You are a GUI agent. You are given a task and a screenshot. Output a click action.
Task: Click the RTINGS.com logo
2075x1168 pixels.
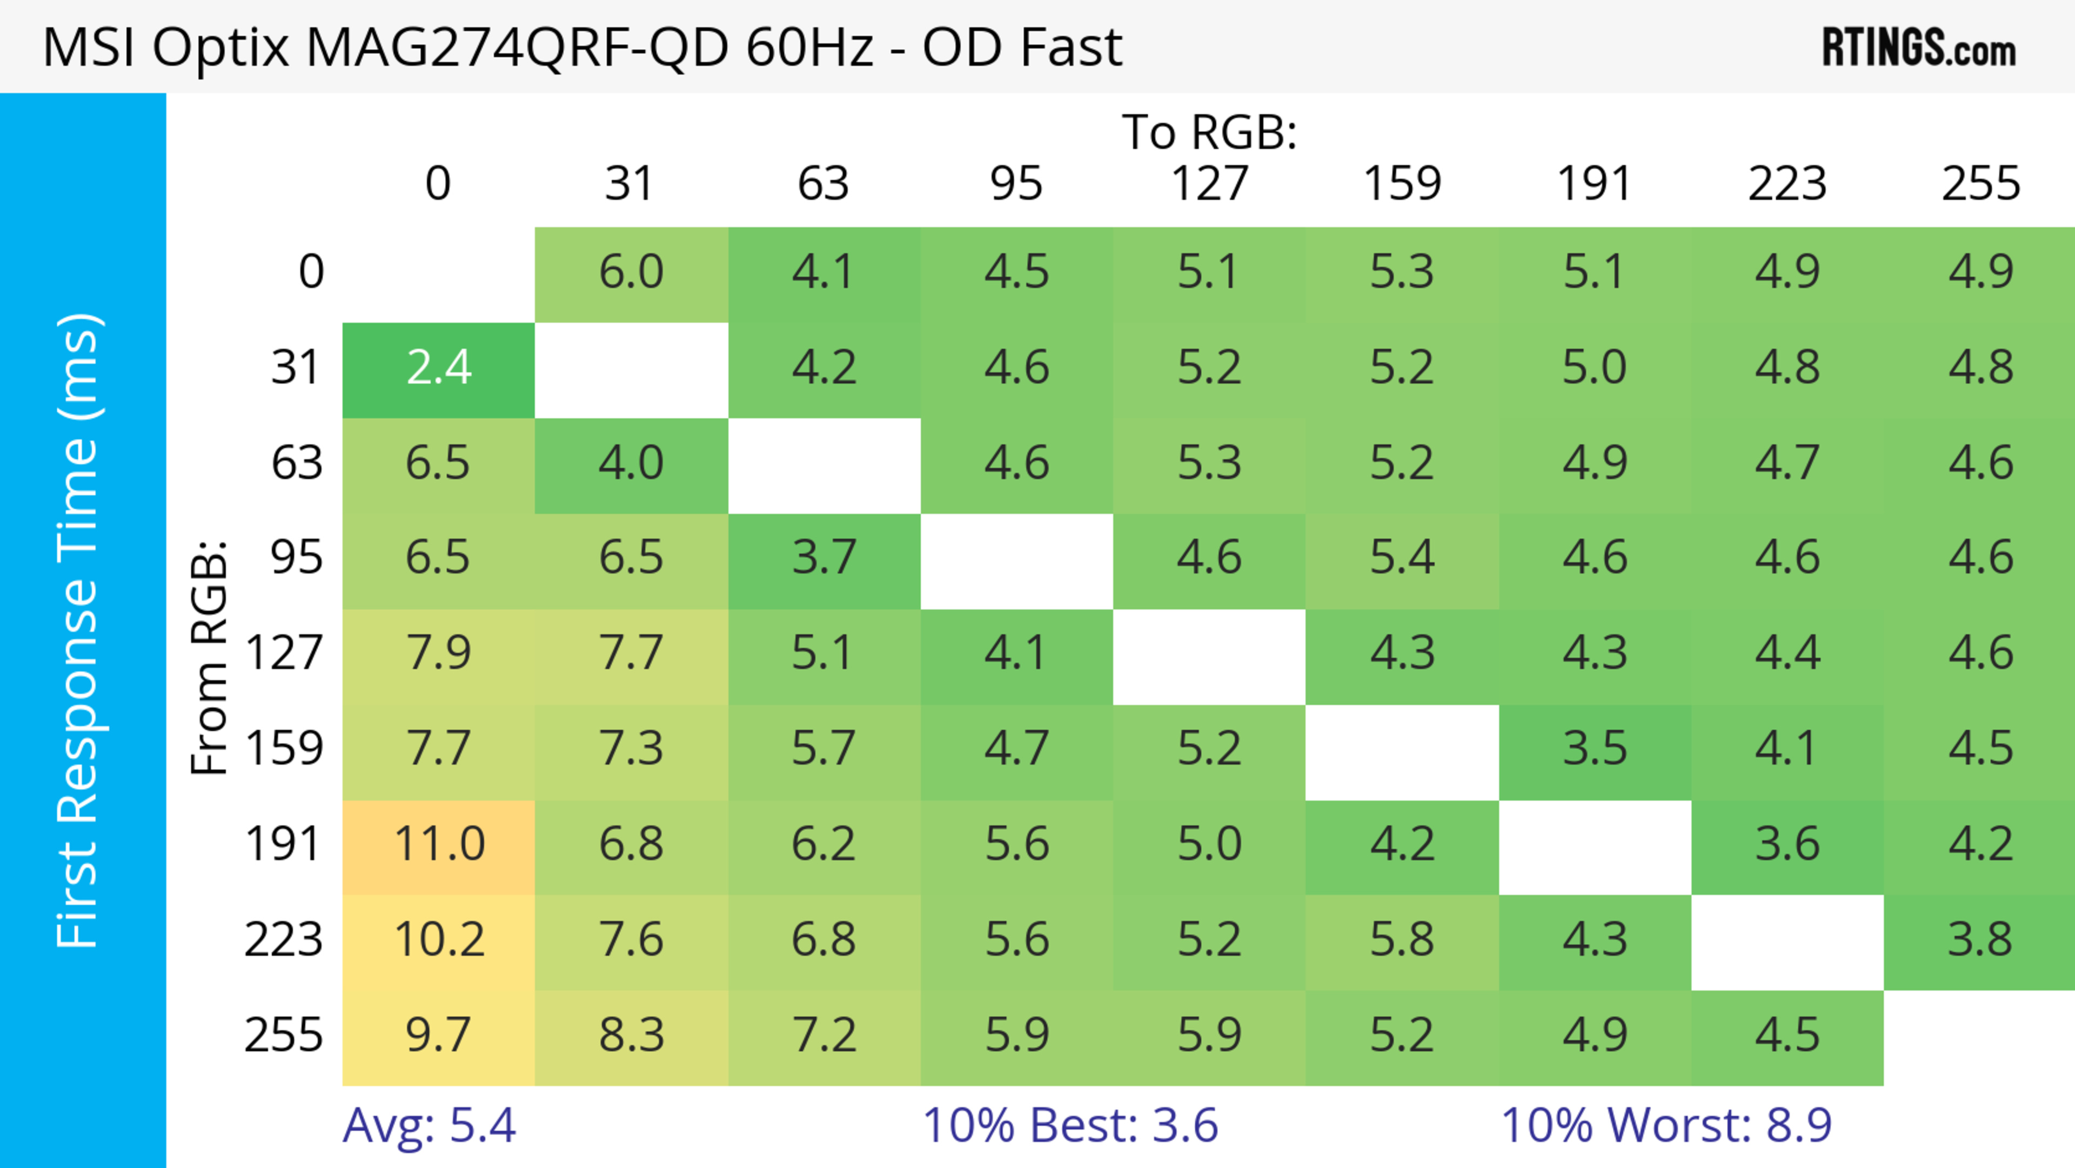pyautogui.click(x=1919, y=48)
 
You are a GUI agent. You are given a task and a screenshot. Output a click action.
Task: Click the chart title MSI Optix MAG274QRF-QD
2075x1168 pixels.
pyautogui.click(x=581, y=46)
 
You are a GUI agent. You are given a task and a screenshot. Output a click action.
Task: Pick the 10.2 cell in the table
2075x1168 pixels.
pyautogui.click(x=438, y=940)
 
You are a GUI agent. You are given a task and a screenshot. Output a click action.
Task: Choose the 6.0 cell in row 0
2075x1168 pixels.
pyautogui.click(x=631, y=272)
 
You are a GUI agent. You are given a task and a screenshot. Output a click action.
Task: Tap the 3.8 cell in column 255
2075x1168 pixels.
pyautogui.click(x=1980, y=940)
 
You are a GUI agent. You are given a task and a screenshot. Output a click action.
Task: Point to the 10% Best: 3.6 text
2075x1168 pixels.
pyautogui.click(x=1070, y=1125)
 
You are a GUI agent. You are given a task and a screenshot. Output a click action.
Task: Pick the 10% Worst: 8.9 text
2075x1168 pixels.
pyautogui.click(x=1666, y=1125)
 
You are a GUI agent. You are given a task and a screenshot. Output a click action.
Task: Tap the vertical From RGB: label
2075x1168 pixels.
pyautogui.click(x=210, y=657)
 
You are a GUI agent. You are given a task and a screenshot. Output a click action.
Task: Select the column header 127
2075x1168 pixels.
pyautogui.click(x=1209, y=184)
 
